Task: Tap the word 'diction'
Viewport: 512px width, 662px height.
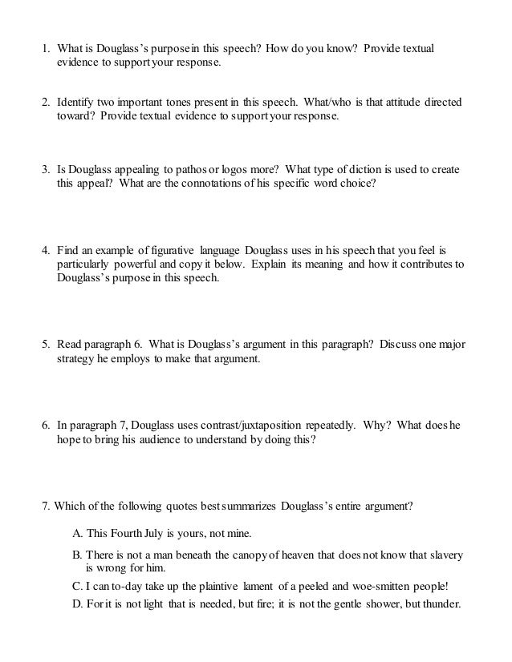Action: (380, 172)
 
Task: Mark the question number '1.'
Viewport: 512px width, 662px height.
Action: (47, 49)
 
